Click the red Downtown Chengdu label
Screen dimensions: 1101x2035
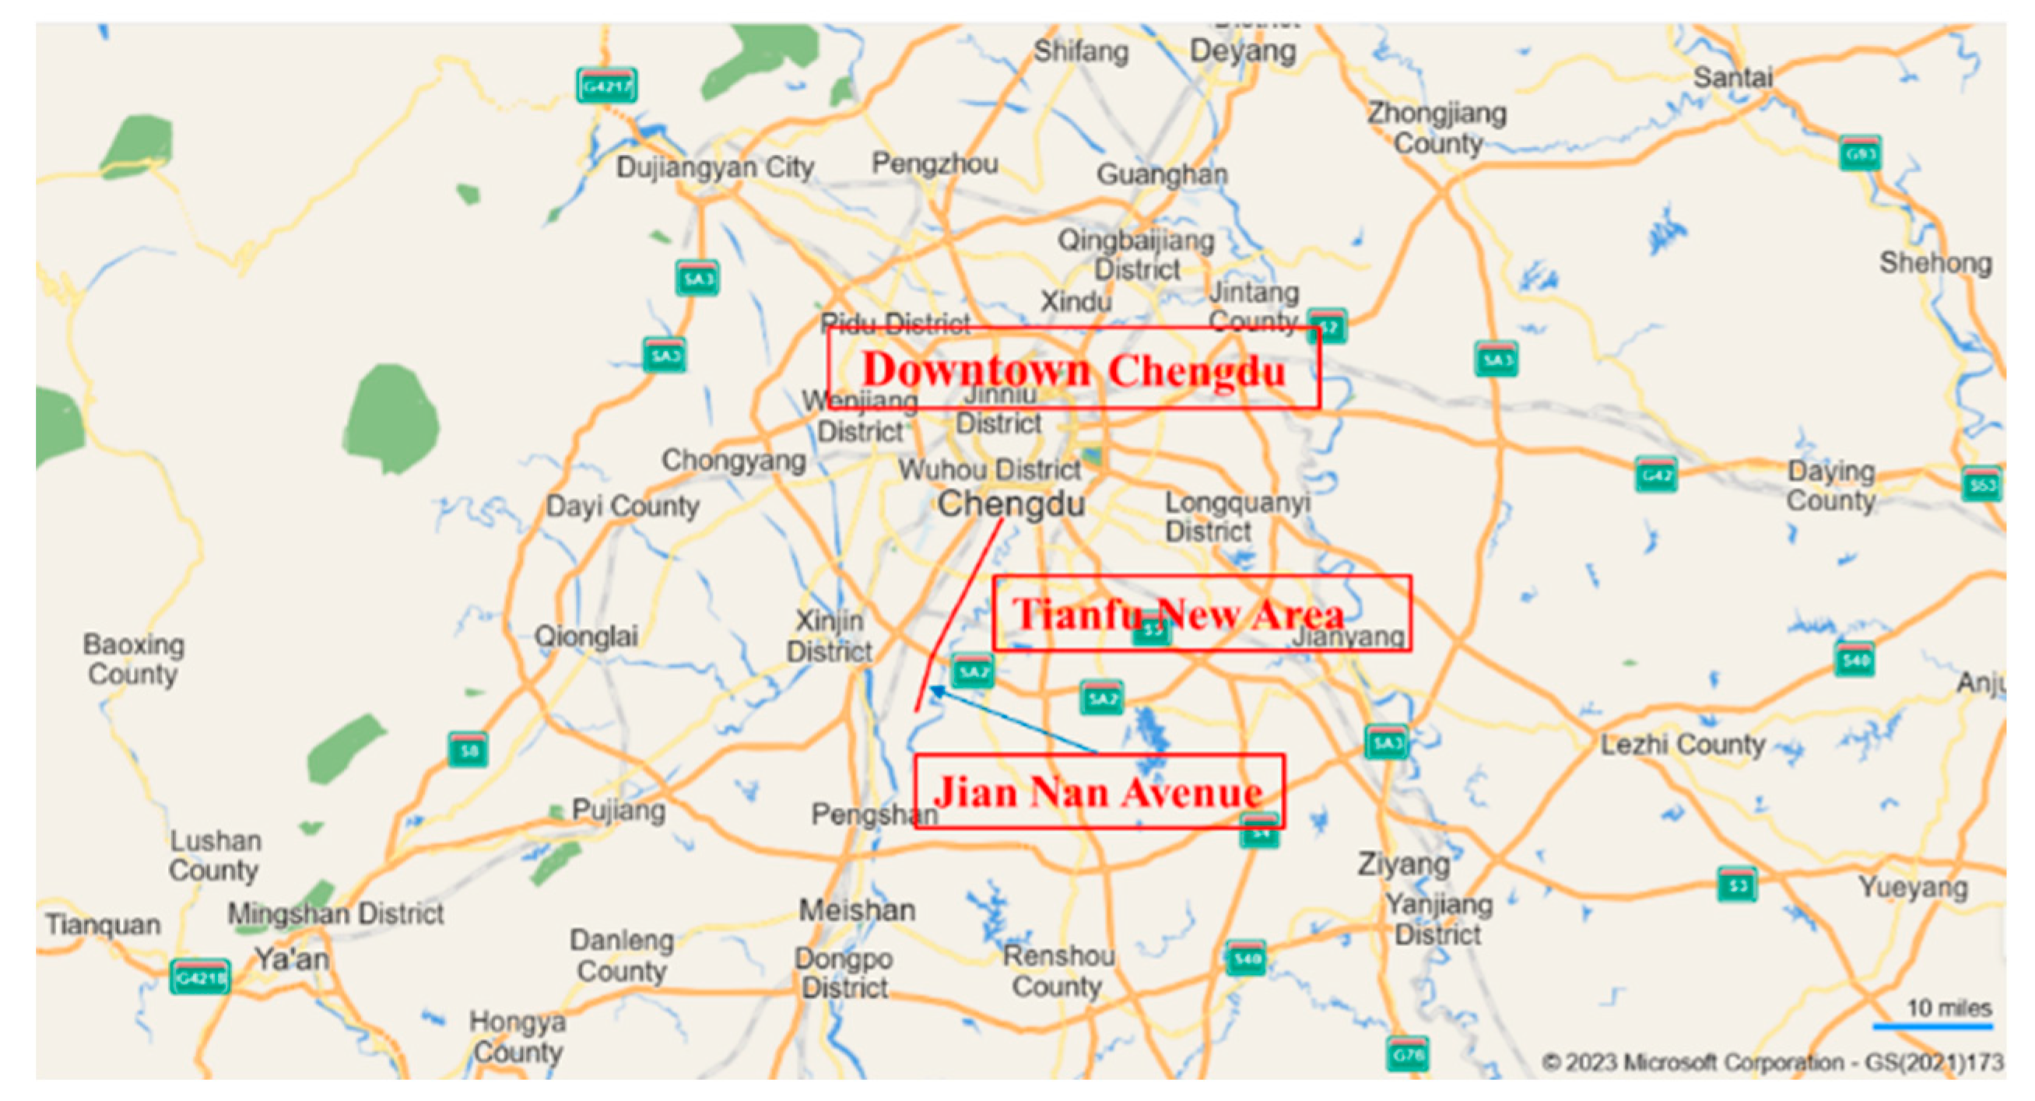(x=1073, y=369)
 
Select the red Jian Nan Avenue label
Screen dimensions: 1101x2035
(x=1098, y=791)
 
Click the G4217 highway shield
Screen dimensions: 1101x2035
(x=606, y=86)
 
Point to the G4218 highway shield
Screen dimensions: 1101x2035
(x=200, y=978)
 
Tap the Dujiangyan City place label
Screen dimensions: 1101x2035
(x=714, y=167)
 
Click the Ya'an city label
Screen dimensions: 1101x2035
(x=291, y=959)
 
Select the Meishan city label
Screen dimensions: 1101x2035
(x=857, y=910)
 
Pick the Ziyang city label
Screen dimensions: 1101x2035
(x=1403, y=863)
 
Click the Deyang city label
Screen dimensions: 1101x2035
(x=1243, y=51)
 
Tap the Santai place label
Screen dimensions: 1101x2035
(x=1732, y=77)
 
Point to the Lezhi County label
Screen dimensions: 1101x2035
(x=1682, y=744)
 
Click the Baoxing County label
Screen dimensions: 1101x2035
(x=133, y=659)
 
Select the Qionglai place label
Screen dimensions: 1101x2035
(x=585, y=636)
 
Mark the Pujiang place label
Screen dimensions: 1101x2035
(x=619, y=809)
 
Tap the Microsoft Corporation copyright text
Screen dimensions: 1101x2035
(x=1770, y=1062)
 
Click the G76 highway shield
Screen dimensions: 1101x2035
(x=1407, y=1054)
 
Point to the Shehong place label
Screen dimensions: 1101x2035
(x=1935, y=263)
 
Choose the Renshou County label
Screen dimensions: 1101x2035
(x=1058, y=971)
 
